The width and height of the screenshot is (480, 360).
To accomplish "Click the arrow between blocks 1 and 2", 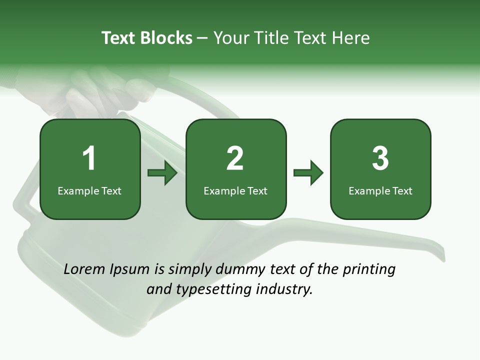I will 162,173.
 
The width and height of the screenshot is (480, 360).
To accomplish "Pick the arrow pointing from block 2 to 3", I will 308,173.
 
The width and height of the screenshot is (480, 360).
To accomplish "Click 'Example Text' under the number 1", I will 89,190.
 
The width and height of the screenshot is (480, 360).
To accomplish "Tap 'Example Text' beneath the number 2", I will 235,190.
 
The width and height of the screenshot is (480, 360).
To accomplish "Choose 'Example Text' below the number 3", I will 380,190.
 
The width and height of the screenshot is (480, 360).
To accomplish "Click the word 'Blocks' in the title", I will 166,38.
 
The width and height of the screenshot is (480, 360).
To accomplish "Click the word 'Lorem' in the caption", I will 85,269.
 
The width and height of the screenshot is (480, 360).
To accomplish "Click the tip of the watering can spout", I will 442,254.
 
